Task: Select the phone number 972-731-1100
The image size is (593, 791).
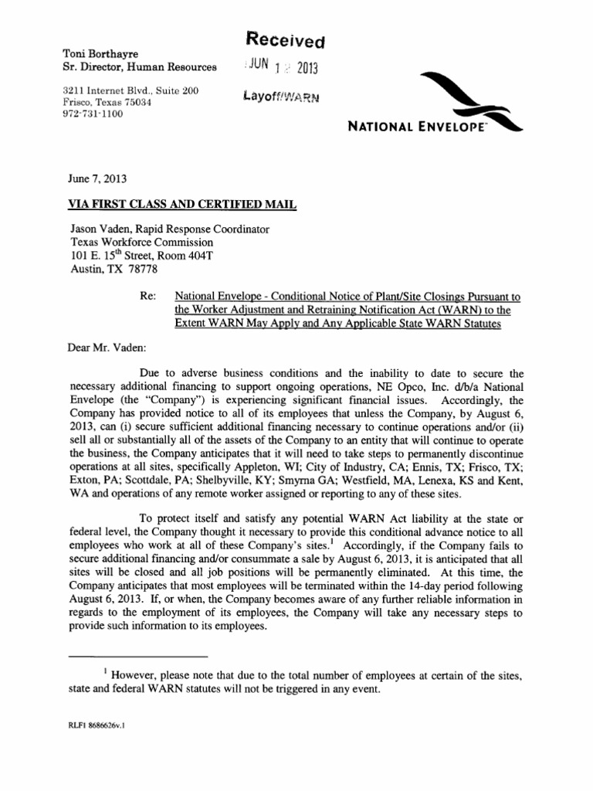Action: (92, 114)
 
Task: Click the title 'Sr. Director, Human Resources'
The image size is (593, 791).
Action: (140, 67)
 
